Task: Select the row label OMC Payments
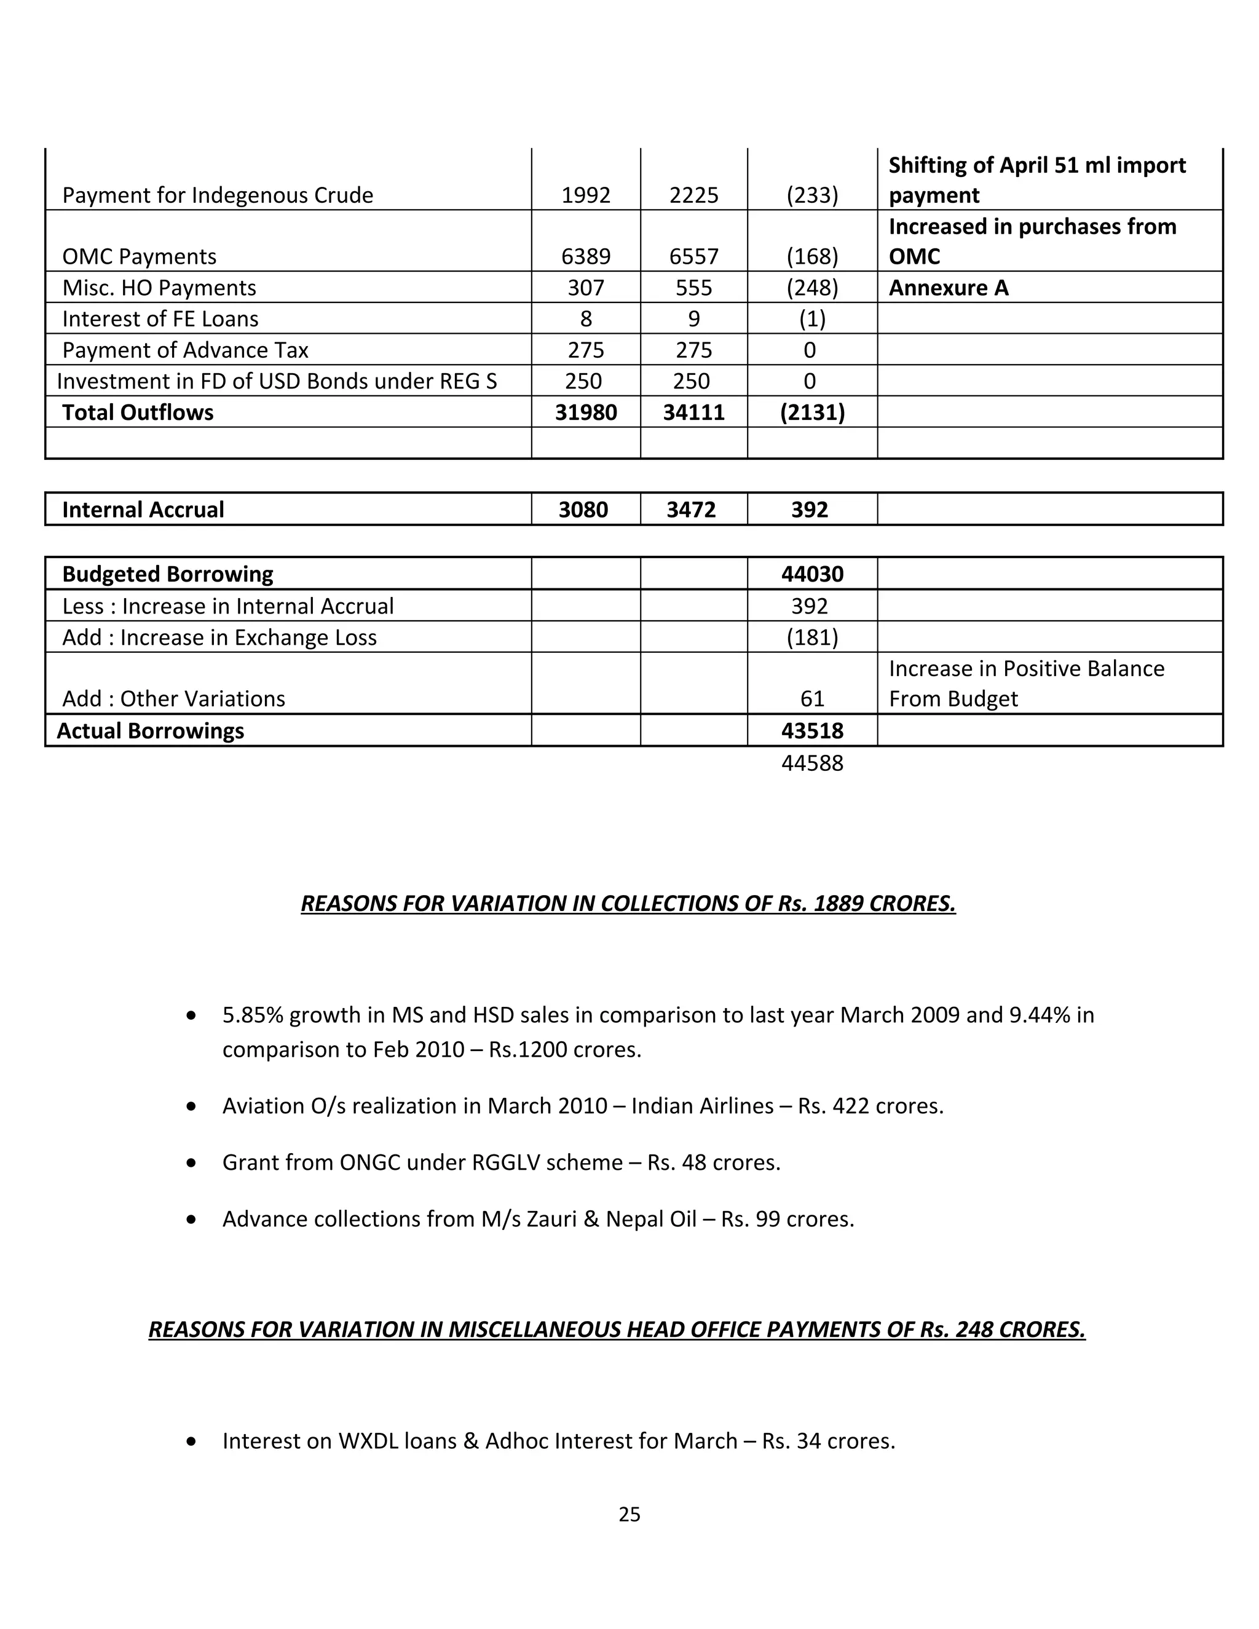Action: [139, 256]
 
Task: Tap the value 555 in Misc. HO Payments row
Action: [693, 288]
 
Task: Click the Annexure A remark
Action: [948, 288]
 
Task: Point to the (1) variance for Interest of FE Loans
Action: [811, 319]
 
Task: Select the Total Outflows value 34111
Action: [693, 412]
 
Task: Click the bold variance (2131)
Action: [811, 412]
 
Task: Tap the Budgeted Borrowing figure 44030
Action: [811, 574]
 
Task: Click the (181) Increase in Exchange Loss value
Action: [811, 637]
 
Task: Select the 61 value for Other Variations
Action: [811, 699]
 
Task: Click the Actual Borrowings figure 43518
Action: [811, 730]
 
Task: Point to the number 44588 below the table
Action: [811, 763]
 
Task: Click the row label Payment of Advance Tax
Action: [185, 350]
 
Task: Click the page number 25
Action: [629, 1514]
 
